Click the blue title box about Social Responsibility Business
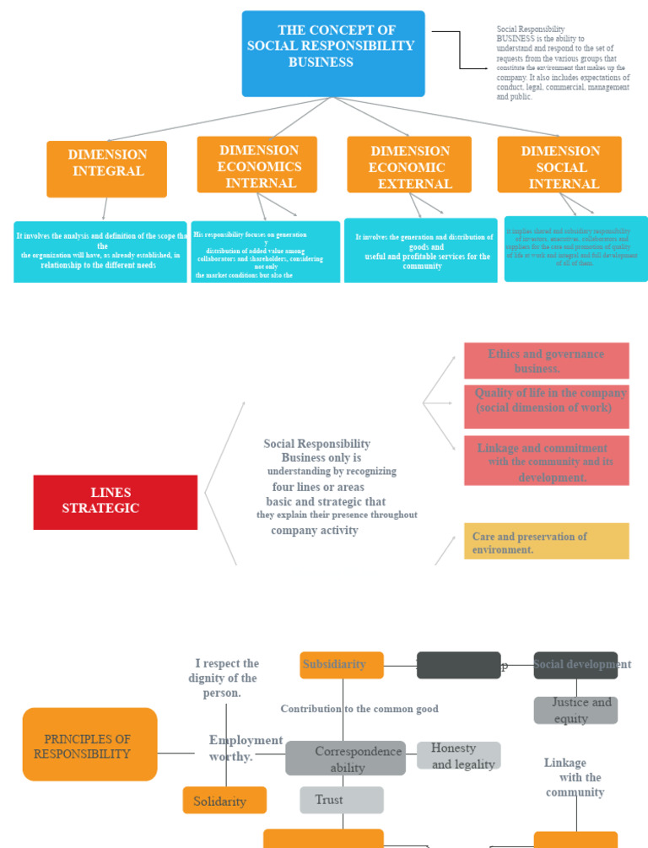[x=333, y=53]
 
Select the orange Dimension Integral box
[x=106, y=169]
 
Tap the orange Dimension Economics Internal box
[x=257, y=165]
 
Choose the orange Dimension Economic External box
[x=409, y=165]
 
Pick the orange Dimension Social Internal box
[x=559, y=165]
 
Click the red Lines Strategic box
[x=116, y=502]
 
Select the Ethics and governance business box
[x=546, y=361]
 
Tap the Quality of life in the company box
[x=546, y=406]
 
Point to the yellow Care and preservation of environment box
[x=546, y=541]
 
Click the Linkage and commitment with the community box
[x=546, y=461]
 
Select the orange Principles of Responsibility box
[x=89, y=744]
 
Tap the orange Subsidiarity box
[x=342, y=665]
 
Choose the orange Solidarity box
[x=224, y=800]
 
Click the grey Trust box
[x=342, y=800]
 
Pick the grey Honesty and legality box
[x=458, y=755]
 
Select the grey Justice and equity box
[x=575, y=710]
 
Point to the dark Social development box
[x=575, y=665]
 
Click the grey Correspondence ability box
[x=345, y=758]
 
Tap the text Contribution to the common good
[x=359, y=709]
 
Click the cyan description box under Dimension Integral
[x=100, y=251]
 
